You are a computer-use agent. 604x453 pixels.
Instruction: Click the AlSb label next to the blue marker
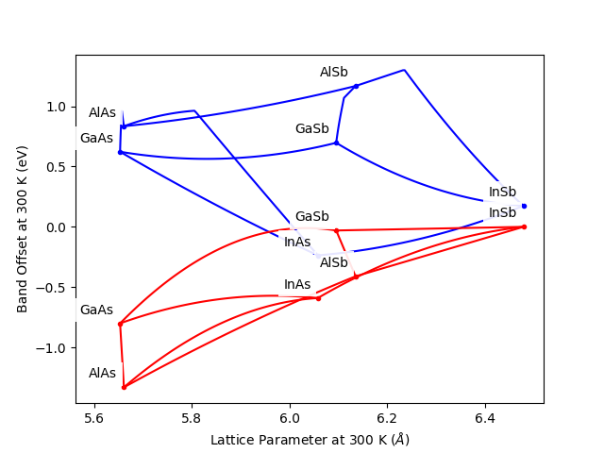tap(333, 73)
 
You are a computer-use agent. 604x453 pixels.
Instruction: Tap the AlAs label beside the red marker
tap(102, 374)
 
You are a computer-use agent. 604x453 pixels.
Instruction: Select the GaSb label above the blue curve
tap(311, 129)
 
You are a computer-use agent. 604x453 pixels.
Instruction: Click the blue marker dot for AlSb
tap(356, 87)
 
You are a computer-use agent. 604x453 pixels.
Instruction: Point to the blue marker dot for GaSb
tap(336, 143)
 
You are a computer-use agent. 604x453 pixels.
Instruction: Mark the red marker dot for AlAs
tap(124, 387)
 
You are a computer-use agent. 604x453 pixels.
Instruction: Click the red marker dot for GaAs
tap(120, 324)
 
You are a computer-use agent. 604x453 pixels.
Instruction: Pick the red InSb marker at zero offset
tap(524, 226)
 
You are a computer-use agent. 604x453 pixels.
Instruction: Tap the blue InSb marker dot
tap(524, 206)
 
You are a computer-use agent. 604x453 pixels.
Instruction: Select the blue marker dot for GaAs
tap(120, 152)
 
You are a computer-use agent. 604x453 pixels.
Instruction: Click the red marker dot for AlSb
tap(356, 277)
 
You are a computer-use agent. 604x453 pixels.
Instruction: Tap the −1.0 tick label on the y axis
tap(53, 347)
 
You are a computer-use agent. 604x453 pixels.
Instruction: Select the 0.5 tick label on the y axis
tap(58, 167)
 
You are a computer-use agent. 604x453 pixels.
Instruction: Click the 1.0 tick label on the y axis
tap(58, 107)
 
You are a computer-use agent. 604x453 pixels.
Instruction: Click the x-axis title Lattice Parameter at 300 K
tap(310, 440)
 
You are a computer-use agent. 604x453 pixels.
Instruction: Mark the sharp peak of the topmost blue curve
tap(405, 70)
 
